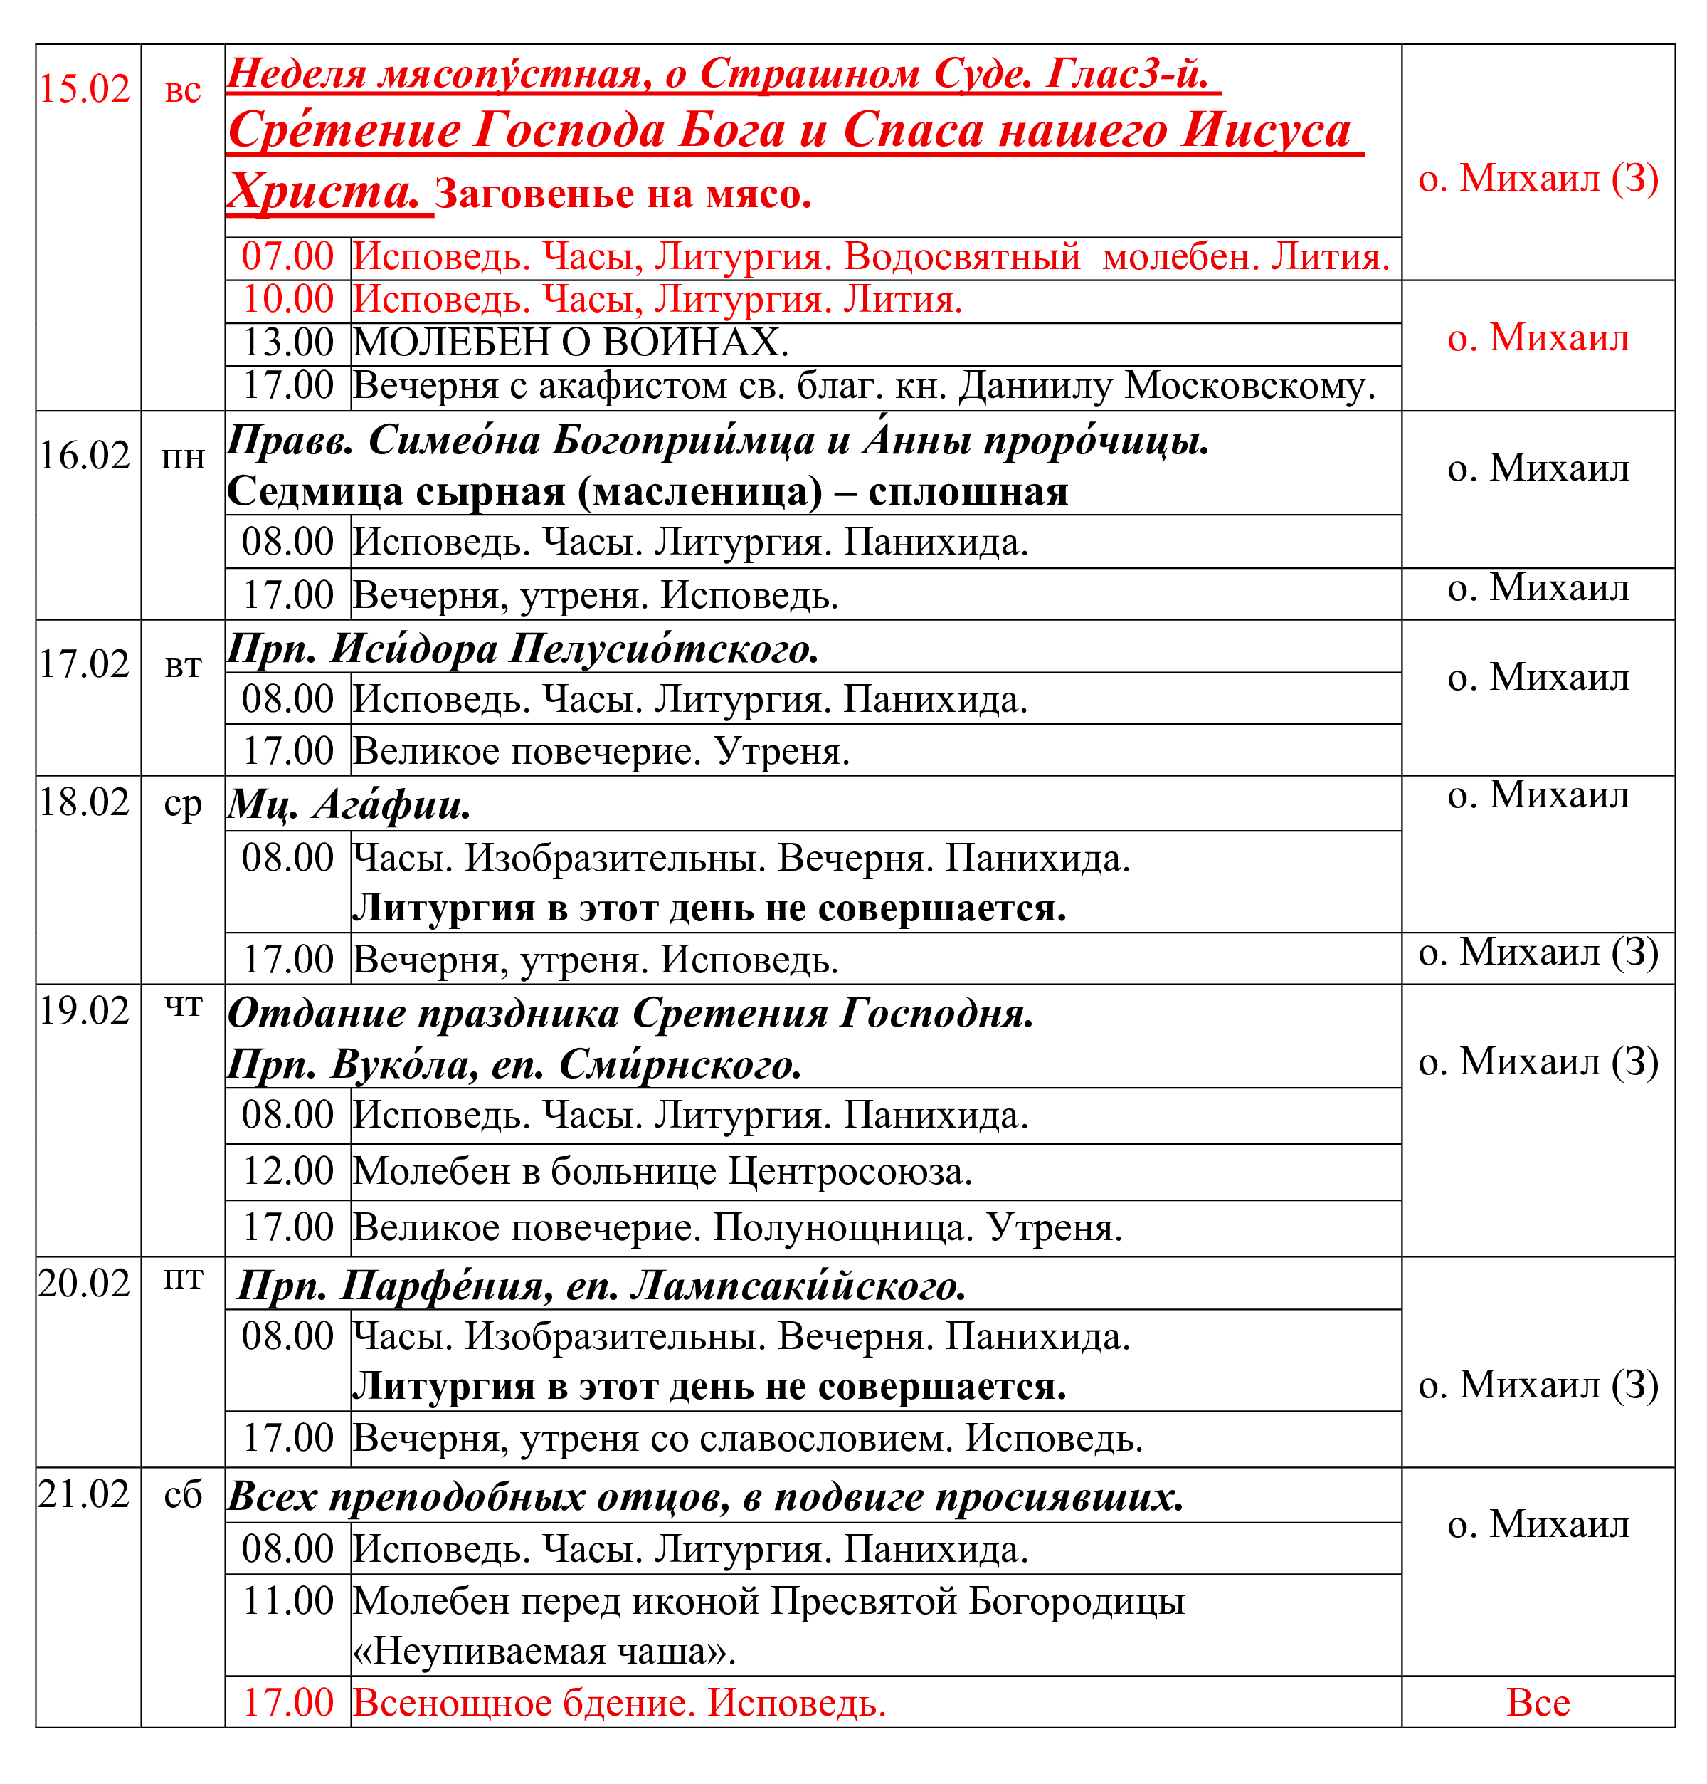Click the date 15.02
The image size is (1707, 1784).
(85, 89)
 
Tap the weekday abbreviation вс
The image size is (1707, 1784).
(183, 91)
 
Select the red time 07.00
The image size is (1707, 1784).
(287, 257)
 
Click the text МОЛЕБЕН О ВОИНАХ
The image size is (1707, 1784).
(571, 343)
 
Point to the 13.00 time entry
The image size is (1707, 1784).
(287, 343)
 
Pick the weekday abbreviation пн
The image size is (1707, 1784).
(183, 458)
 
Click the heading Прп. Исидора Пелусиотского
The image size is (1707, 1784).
(523, 650)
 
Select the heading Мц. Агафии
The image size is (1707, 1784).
(349, 804)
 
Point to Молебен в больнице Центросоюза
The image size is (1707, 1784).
(662, 1172)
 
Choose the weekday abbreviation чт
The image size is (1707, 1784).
(183, 1006)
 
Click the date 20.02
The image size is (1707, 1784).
(85, 1284)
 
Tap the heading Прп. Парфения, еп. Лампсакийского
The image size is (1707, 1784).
(601, 1286)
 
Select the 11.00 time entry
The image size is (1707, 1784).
(287, 1601)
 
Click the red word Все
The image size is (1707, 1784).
(1538, 1703)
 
